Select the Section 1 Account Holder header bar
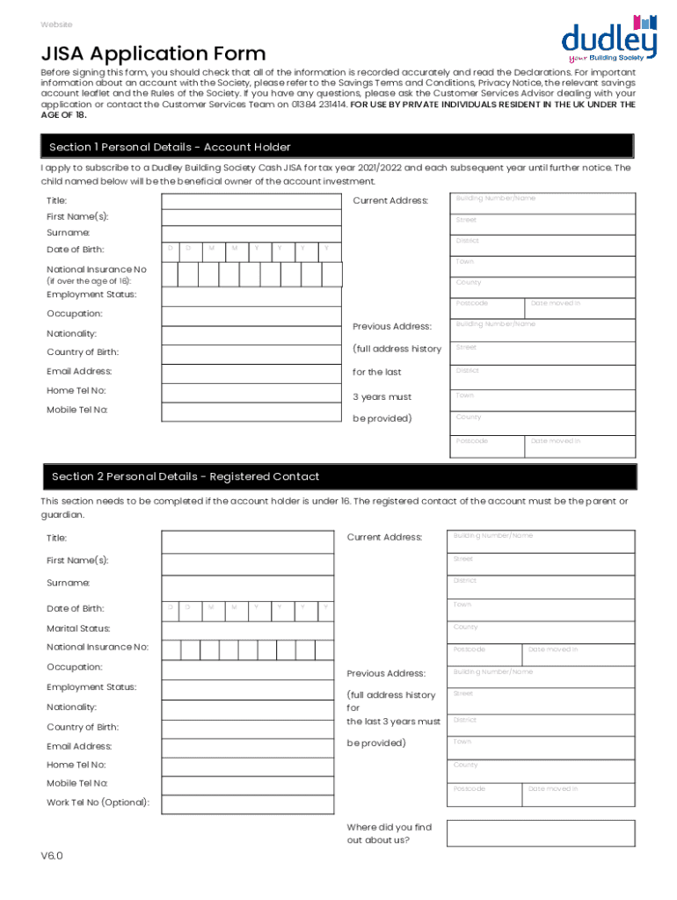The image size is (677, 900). (x=338, y=147)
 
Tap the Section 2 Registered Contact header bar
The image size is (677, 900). (x=338, y=476)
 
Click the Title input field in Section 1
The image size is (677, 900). (x=249, y=201)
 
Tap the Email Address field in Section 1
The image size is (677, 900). (x=249, y=372)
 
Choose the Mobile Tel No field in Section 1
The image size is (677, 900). (x=249, y=410)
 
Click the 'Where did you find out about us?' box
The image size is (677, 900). (x=540, y=833)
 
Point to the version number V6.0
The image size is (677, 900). (x=51, y=855)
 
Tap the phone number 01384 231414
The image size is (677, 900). (x=317, y=104)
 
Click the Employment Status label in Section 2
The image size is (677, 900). (x=91, y=687)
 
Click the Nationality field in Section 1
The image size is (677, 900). (x=249, y=335)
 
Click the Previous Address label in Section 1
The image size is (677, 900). (x=392, y=326)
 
